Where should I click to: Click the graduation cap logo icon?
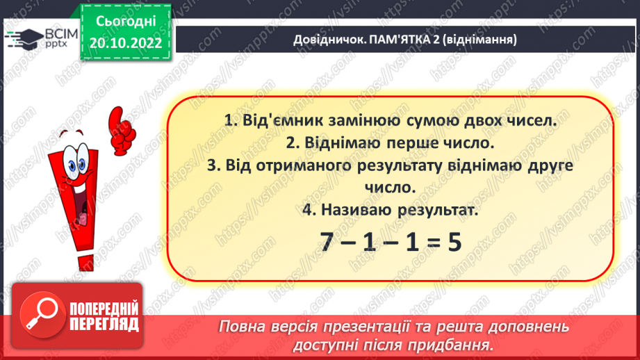[x=19, y=36]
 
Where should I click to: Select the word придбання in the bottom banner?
[x=456, y=344]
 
